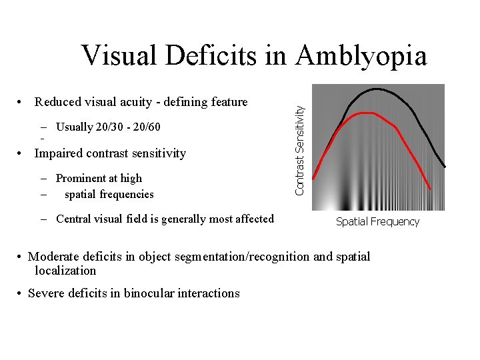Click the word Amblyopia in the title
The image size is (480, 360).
[361, 55]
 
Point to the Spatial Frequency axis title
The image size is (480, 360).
[377, 222]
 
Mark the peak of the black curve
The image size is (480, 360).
[377, 89]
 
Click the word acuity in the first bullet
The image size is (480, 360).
[131, 102]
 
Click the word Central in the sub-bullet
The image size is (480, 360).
[75, 219]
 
